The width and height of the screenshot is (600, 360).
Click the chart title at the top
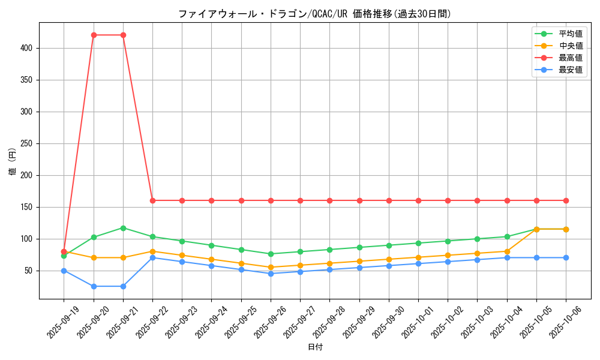point(314,14)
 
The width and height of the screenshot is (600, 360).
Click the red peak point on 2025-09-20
point(94,35)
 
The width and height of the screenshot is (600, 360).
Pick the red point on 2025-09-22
point(152,200)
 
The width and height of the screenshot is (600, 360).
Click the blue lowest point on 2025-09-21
point(123,286)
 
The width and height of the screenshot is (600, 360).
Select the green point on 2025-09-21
point(123,228)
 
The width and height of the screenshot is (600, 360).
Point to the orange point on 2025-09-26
point(271,268)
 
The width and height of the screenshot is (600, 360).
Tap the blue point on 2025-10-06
point(566,258)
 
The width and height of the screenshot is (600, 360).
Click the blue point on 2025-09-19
point(64,271)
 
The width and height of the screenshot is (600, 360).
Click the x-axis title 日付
point(315,347)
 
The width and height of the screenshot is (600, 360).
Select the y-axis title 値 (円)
point(13,161)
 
